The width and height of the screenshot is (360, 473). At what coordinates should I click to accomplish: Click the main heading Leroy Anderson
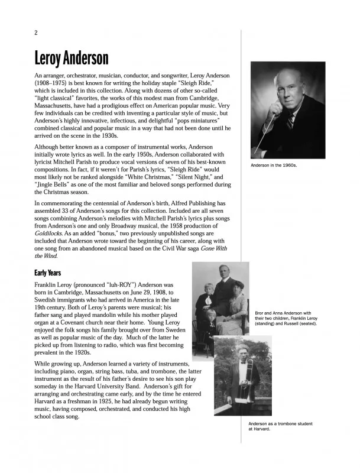point(71,59)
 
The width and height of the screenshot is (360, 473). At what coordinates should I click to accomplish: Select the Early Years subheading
point(52,273)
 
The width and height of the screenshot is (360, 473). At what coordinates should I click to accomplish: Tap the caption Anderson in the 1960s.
point(274,166)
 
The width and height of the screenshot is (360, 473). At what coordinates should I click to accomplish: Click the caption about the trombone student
point(280,426)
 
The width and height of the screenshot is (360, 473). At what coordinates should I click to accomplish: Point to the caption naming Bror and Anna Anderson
point(283,318)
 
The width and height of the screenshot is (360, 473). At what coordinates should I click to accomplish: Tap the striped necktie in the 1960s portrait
point(290,121)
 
